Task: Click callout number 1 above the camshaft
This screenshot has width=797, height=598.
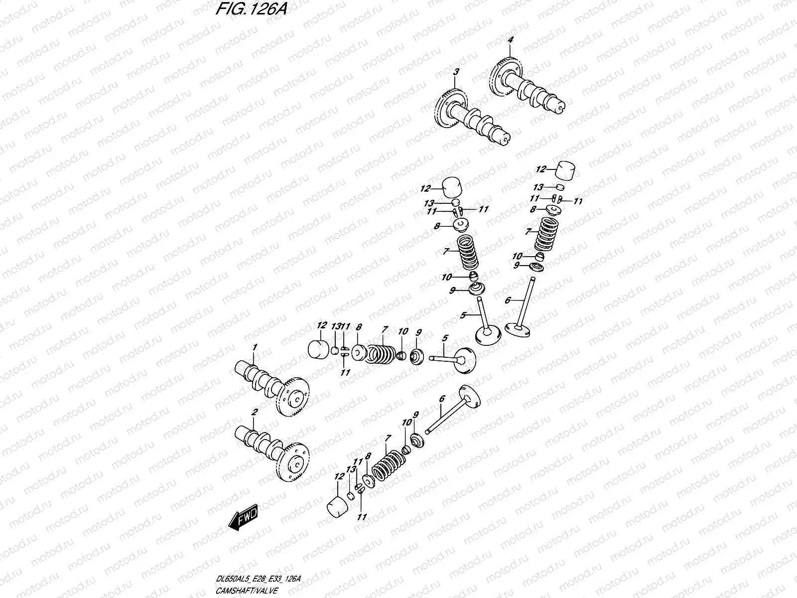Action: (x=254, y=347)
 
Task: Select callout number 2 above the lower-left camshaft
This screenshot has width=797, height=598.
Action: (x=254, y=413)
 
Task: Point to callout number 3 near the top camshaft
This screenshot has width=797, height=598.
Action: (x=455, y=73)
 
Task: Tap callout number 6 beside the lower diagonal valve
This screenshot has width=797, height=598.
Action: (x=441, y=399)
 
